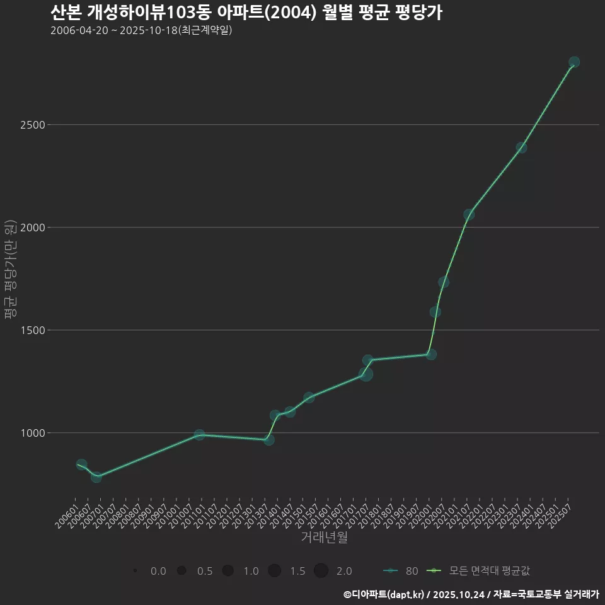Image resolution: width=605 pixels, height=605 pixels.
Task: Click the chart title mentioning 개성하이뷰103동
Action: [x=246, y=13]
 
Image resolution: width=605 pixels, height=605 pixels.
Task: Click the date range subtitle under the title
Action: [x=141, y=30]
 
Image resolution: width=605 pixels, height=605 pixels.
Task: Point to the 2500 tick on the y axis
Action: [x=32, y=125]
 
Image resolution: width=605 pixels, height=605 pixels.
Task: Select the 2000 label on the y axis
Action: [x=32, y=228]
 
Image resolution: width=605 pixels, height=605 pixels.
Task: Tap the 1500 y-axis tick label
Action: [x=32, y=330]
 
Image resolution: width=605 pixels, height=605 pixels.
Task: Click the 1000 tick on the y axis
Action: [x=32, y=433]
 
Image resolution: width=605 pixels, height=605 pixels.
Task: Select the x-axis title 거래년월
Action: [x=324, y=537]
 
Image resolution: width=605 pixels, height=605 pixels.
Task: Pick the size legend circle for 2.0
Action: [x=321, y=571]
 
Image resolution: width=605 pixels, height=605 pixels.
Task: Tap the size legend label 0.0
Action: [x=158, y=571]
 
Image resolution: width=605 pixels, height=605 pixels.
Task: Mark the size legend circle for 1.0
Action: [x=228, y=571]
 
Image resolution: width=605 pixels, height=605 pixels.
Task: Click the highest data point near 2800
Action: [x=574, y=62]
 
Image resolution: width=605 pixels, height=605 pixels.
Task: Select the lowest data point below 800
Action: [x=96, y=477]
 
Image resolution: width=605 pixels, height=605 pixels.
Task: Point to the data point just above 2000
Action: [x=469, y=215]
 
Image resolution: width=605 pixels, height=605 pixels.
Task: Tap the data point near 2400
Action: [x=521, y=147]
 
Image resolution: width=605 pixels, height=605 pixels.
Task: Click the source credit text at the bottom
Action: [x=471, y=594]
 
